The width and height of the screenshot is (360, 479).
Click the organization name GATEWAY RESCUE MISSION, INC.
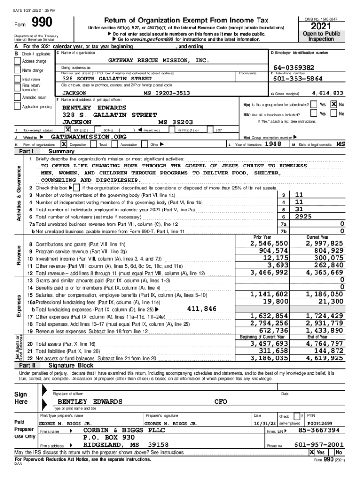(x=158, y=61)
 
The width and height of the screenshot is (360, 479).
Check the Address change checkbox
(x=18, y=61)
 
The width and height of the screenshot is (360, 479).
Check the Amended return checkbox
(x=18, y=98)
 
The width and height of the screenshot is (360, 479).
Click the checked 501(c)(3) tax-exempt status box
(x=68, y=130)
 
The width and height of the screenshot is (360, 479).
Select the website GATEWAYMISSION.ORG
(x=88, y=137)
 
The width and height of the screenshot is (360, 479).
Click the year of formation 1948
(x=274, y=145)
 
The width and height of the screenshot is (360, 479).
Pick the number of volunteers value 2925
(x=303, y=217)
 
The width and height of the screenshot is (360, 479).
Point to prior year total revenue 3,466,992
(x=269, y=272)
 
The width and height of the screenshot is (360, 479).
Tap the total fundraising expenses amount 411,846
(x=202, y=309)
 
